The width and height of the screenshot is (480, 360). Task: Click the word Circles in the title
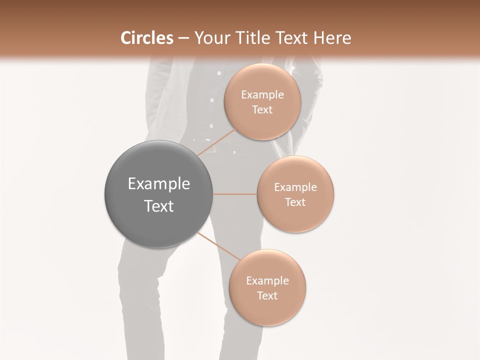pos(146,38)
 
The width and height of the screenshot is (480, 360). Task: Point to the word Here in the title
pos(332,38)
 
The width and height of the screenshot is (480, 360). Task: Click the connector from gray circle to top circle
pos(215,142)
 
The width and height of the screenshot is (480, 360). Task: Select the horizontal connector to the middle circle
pos(234,194)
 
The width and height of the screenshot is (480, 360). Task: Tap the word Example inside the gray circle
pos(158,184)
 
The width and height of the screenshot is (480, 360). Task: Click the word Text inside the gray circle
pos(158,206)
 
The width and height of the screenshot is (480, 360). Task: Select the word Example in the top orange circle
pos(262,94)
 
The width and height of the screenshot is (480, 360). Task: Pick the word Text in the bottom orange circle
pos(267,295)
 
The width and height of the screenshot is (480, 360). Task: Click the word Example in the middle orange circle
pos(295,187)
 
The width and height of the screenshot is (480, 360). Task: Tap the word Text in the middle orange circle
pos(295,202)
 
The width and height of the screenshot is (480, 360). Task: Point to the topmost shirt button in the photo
pos(219,73)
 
